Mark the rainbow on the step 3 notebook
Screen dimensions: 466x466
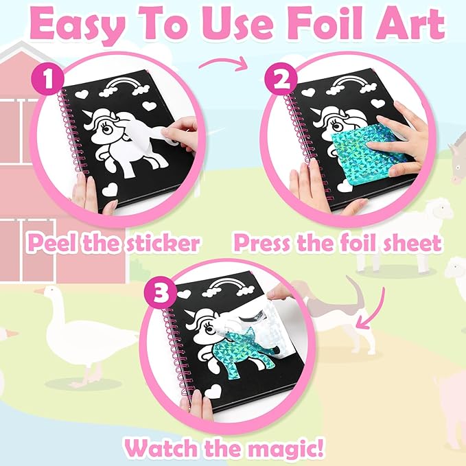(x=233, y=288)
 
